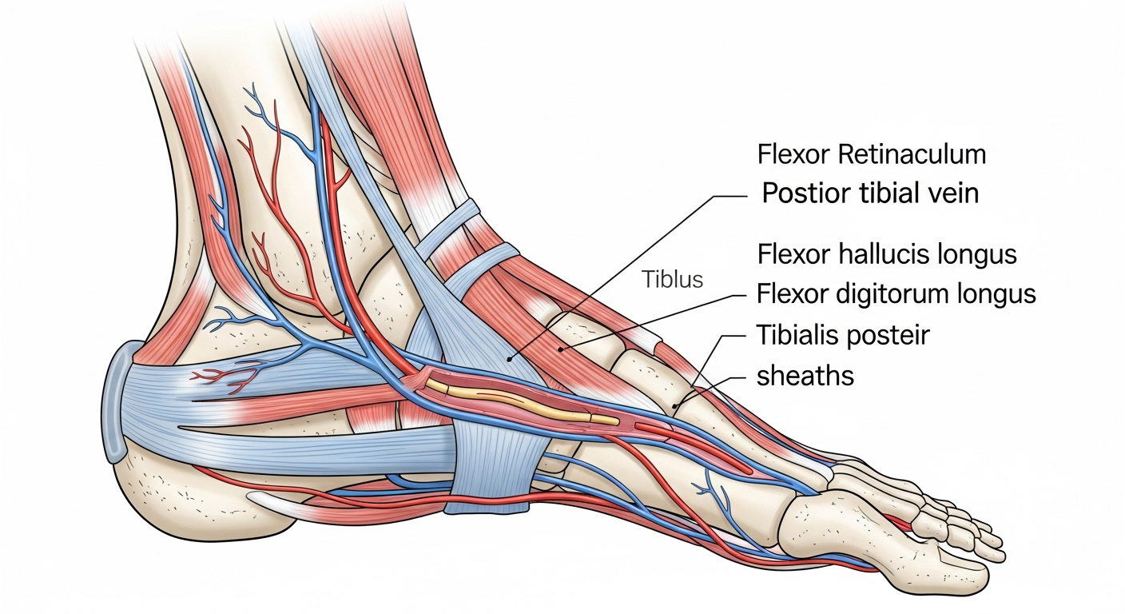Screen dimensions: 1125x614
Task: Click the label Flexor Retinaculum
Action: tap(872, 154)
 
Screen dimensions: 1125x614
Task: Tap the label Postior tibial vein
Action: tap(870, 193)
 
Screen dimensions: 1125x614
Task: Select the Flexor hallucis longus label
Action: tap(887, 254)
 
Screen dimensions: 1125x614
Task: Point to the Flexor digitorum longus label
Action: tap(896, 294)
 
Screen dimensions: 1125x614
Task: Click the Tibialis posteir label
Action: tap(843, 335)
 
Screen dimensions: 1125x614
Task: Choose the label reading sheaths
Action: tap(805, 376)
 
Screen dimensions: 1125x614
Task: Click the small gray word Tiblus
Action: tap(673, 279)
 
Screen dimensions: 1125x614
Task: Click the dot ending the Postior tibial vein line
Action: tap(509, 359)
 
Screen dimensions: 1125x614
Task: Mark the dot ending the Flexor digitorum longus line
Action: tap(561, 349)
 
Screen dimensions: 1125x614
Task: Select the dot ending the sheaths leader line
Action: tap(675, 405)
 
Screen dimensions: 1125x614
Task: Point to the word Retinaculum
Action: tap(912, 154)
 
